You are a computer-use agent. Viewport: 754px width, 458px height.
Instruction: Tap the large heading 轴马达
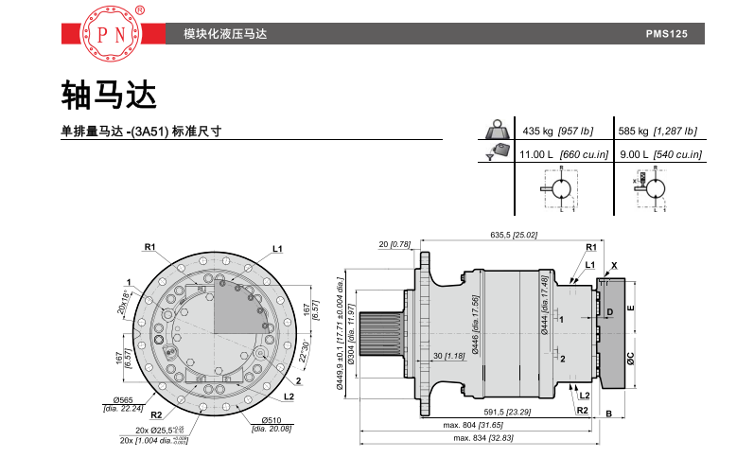click(107, 93)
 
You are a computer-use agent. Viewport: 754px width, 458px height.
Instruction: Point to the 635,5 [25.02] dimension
click(514, 234)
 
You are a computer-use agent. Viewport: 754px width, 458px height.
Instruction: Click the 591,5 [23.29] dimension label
click(508, 412)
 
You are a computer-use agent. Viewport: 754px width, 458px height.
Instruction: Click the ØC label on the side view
click(630, 359)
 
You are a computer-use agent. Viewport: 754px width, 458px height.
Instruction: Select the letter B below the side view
click(610, 414)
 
